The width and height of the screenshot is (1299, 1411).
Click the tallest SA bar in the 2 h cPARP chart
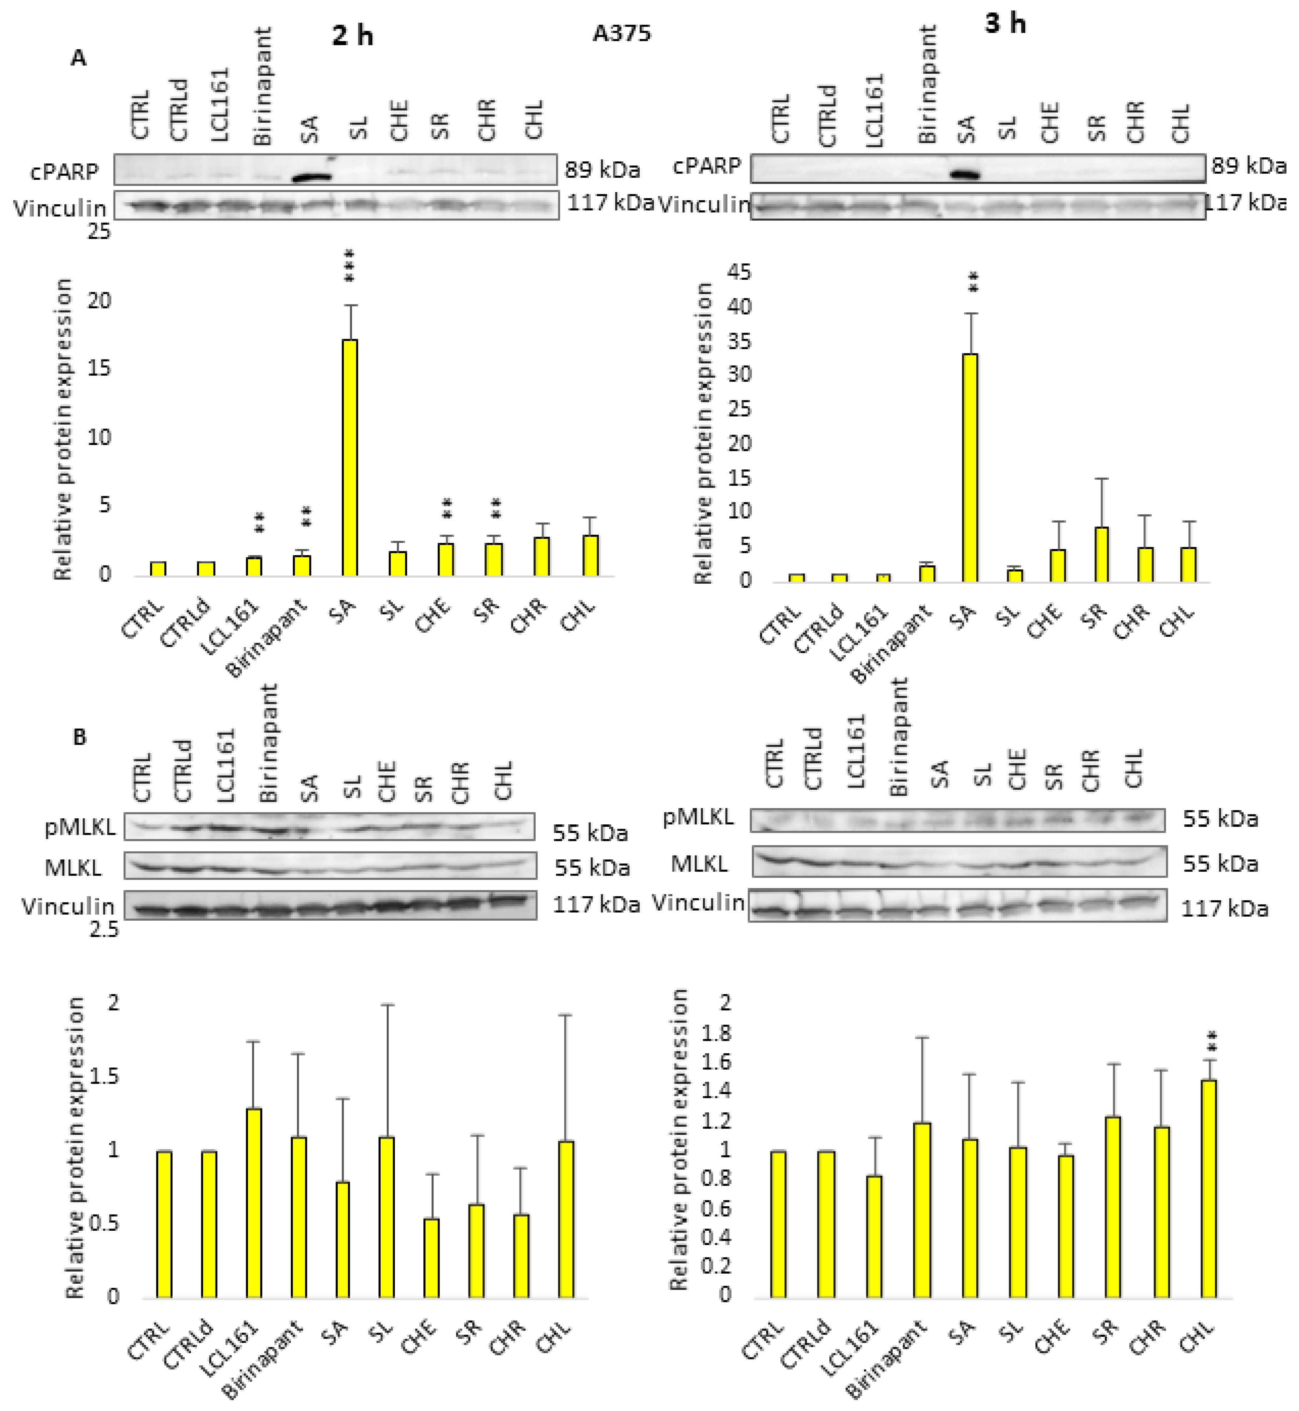(x=349, y=457)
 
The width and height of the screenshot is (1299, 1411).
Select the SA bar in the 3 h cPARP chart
(x=970, y=468)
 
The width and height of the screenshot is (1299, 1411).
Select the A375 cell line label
(x=621, y=33)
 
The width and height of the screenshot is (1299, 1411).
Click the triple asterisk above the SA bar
(x=349, y=266)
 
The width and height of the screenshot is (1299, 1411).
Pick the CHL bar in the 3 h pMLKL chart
(x=1208, y=1189)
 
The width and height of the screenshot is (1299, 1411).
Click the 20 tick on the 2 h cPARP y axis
(x=99, y=301)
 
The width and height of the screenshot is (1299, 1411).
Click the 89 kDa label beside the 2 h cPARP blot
(x=602, y=170)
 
